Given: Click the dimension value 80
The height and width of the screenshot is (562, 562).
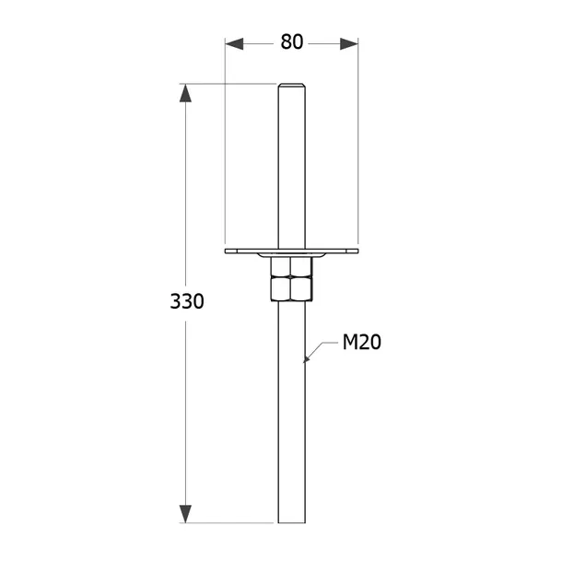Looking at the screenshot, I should pyautogui.click(x=292, y=42).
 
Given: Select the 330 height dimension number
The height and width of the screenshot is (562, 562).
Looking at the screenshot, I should pyautogui.click(x=187, y=301).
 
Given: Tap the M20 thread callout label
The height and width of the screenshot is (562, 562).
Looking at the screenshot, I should pyautogui.click(x=362, y=343).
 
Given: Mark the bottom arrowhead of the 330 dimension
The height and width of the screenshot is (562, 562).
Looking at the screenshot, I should pyautogui.click(x=186, y=513).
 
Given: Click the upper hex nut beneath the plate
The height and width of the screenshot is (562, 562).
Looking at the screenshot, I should pyautogui.click(x=291, y=266).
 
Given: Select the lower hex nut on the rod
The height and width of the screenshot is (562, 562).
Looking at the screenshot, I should pyautogui.click(x=291, y=290).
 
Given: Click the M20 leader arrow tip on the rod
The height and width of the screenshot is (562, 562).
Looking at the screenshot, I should pyautogui.click(x=306, y=360).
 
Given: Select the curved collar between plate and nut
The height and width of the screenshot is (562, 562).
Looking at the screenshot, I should pyautogui.click(x=291, y=255).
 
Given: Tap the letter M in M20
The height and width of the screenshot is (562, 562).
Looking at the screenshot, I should pyautogui.click(x=351, y=343).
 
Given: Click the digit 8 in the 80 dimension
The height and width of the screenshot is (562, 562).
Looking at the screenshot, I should pyautogui.click(x=287, y=42).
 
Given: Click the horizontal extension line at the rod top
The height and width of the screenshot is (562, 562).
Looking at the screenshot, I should pyautogui.click(x=230, y=84).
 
